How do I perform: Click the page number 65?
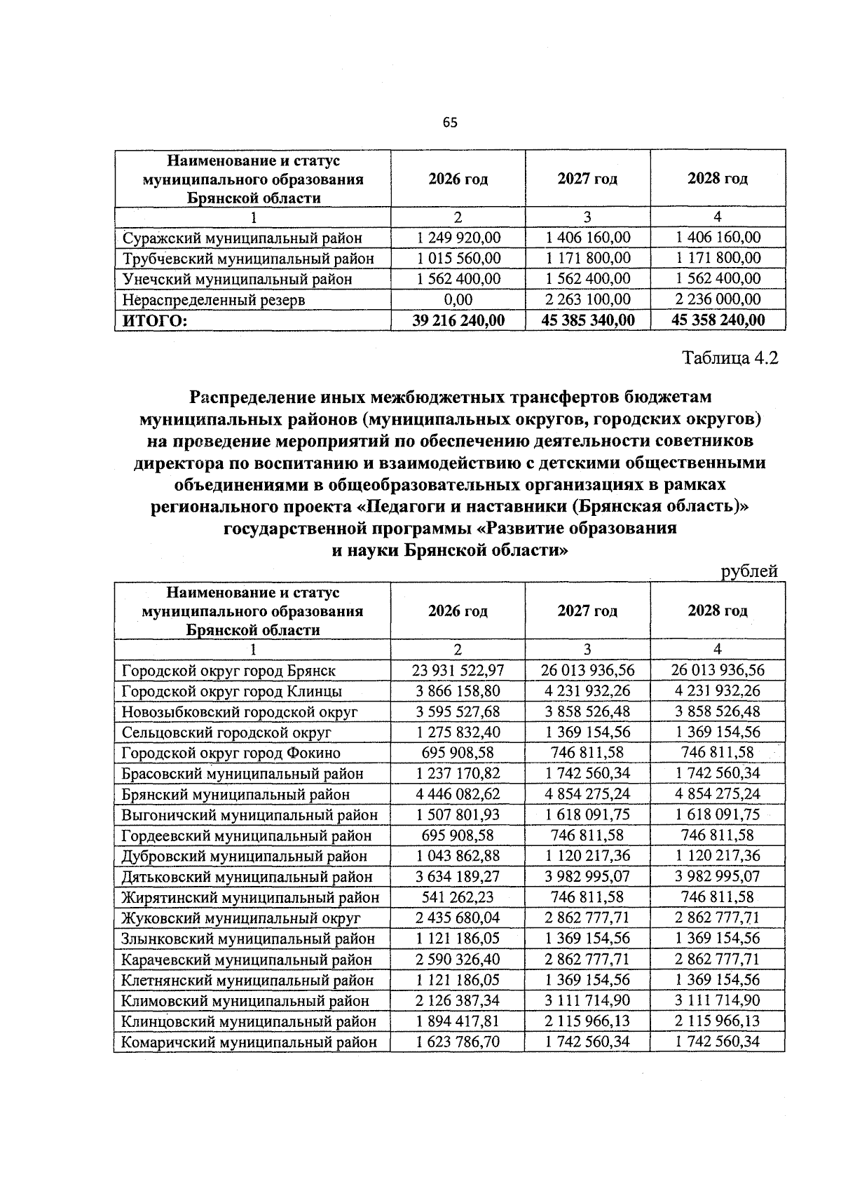click(x=450, y=123)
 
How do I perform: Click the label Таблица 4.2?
click(x=730, y=358)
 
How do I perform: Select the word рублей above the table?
click(x=749, y=571)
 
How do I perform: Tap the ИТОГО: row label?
click(x=156, y=320)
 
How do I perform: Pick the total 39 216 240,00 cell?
click(x=458, y=320)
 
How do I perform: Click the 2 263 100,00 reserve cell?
click(x=587, y=299)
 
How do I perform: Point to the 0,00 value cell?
click(x=458, y=299)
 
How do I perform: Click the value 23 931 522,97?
click(x=458, y=670)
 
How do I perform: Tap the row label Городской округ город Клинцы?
click(x=232, y=691)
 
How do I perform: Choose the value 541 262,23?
click(x=458, y=897)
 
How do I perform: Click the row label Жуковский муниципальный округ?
click(x=241, y=918)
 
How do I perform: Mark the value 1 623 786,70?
click(x=458, y=1042)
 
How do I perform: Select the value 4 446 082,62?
click(x=458, y=794)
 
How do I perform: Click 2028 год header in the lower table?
click(x=717, y=611)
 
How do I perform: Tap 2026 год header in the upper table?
click(x=458, y=179)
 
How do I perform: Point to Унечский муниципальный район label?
click(x=237, y=279)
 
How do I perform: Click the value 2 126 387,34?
click(x=458, y=1000)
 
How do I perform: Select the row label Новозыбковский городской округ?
click(x=240, y=711)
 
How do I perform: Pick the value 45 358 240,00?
click(x=717, y=320)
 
